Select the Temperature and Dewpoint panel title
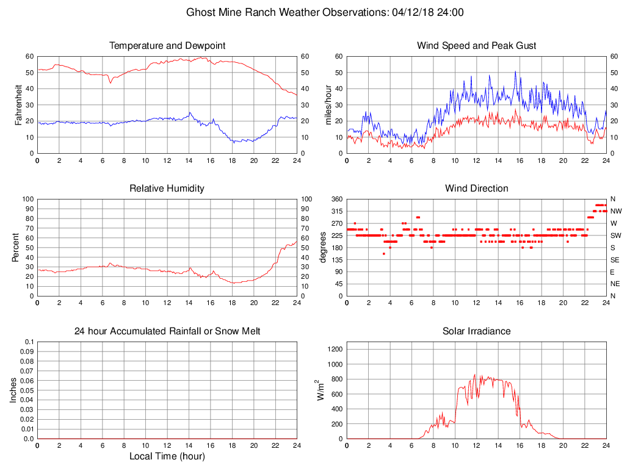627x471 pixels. (x=167, y=46)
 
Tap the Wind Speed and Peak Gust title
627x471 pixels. (x=476, y=46)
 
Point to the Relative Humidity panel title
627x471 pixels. (x=167, y=189)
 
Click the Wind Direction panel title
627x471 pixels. (x=476, y=189)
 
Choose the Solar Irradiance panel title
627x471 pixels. (x=476, y=331)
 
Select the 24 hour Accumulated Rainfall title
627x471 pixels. (x=167, y=331)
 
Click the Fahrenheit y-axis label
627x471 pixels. (x=18, y=105)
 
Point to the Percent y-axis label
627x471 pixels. (x=15, y=248)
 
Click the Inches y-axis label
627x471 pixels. (x=13, y=390)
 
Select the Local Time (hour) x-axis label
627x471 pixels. (x=167, y=456)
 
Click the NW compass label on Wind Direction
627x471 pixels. (x=615, y=211)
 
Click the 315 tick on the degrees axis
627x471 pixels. (x=337, y=211)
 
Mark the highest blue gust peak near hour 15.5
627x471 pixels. (x=515, y=71)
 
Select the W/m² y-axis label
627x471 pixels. (x=318, y=390)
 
